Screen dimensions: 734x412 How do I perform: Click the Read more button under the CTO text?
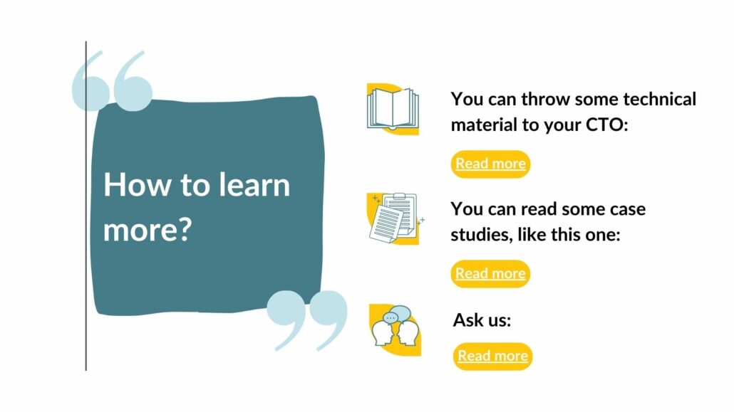point(490,164)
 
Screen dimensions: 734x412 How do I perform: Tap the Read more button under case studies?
point(490,273)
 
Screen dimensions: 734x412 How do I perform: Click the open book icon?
point(393,109)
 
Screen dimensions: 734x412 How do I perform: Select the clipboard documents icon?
point(395,218)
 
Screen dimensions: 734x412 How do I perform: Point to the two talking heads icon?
point(395,329)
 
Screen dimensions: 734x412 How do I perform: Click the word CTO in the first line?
point(606,125)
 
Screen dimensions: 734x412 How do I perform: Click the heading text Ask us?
point(482,320)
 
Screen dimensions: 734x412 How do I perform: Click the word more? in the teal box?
point(148,229)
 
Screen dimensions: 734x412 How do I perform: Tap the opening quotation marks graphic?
point(113,81)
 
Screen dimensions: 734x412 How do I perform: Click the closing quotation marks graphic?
point(308,320)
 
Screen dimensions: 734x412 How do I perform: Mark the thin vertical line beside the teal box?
point(86,206)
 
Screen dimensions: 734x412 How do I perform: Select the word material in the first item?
point(484,125)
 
